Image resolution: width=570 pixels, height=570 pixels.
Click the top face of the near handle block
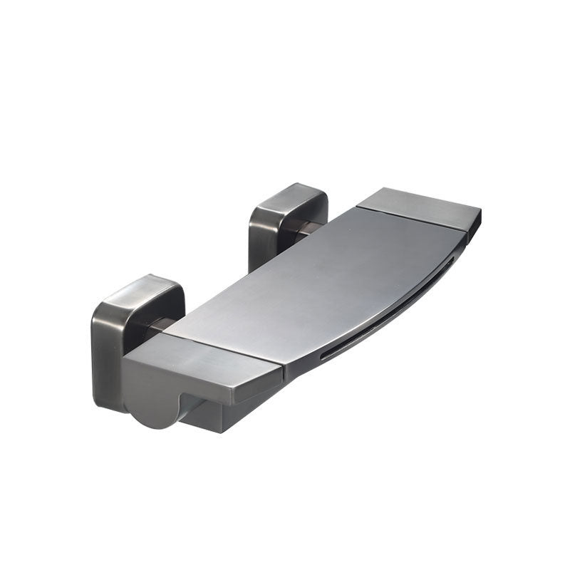[x=199, y=360]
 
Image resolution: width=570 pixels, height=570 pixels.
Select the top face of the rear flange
[x=289, y=194]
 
